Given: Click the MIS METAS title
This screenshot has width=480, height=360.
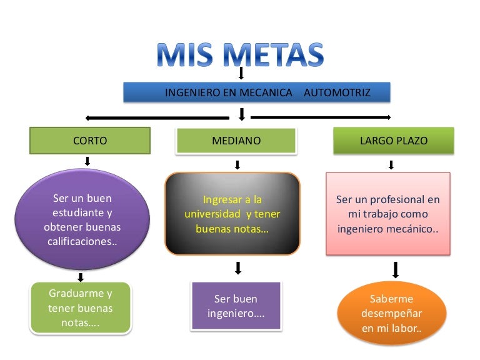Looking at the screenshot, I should [241, 56].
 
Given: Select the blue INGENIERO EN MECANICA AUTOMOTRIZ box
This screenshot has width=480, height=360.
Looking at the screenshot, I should [257, 92].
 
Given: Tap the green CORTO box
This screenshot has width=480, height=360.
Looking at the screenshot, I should [90, 141].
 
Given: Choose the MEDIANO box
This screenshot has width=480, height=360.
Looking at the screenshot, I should [236, 141].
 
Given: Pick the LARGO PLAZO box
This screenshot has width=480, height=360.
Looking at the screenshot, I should [394, 141].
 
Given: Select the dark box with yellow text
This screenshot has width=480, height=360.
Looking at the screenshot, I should [232, 214].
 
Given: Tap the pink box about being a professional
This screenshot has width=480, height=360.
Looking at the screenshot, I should [387, 214].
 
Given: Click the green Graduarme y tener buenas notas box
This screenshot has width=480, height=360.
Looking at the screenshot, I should [80, 308].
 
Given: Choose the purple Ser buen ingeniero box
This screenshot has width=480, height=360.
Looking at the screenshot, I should [236, 306].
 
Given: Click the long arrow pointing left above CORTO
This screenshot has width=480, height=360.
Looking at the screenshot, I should [156, 117].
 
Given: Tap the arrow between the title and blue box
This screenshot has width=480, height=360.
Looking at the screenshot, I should [241, 74].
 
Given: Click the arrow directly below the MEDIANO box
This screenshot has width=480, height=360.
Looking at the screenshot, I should [237, 165].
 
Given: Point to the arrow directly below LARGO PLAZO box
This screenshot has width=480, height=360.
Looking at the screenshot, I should [391, 165].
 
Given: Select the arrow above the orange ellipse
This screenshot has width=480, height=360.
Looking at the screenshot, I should [395, 270].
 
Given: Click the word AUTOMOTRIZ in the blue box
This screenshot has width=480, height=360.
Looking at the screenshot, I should [337, 92].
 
